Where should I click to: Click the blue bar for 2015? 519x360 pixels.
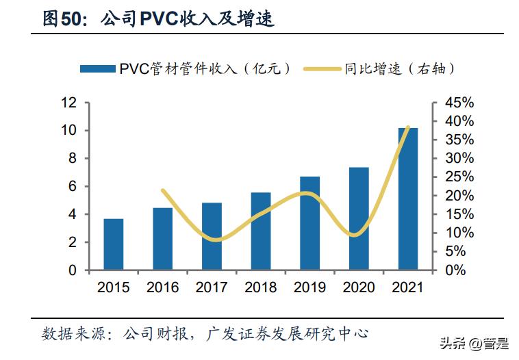114,244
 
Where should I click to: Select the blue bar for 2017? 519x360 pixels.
212,236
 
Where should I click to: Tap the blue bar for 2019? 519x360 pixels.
309,223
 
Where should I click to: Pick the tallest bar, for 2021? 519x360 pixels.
407,198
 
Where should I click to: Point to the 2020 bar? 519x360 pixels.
359,218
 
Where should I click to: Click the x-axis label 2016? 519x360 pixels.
162,287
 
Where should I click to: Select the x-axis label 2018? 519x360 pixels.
260,287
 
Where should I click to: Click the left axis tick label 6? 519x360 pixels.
72,187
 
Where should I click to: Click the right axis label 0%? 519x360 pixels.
455,270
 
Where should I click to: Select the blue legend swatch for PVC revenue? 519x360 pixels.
97,68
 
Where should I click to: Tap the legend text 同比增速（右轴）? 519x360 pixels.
400,68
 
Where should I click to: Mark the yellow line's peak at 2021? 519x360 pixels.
408,127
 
